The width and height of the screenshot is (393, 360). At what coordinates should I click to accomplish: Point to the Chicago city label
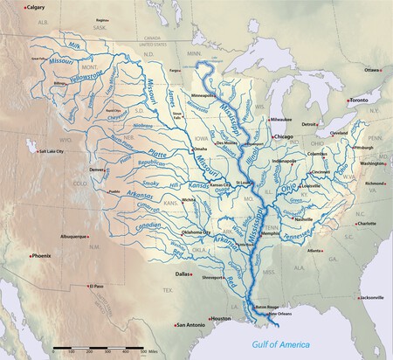283,138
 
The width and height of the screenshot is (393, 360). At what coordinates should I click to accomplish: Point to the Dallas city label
182,274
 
